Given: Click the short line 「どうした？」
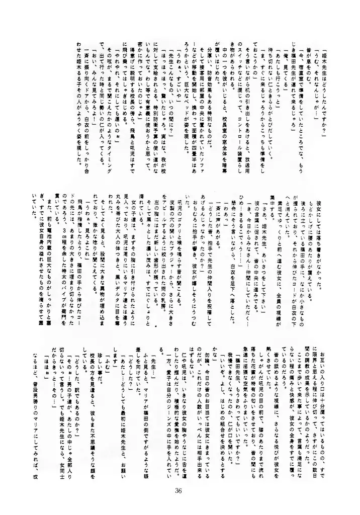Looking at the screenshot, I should pos(130,373).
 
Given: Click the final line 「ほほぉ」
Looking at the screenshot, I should pos(46,367).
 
